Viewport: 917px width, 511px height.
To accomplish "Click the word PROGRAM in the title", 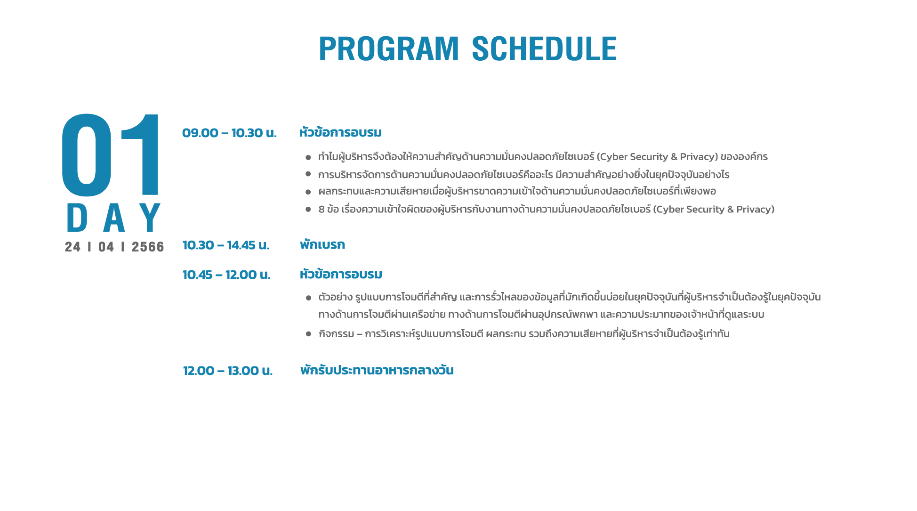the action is [x=389, y=49].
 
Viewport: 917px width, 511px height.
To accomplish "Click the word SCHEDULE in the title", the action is [x=544, y=49].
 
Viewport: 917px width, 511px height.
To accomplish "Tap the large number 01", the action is [x=111, y=155].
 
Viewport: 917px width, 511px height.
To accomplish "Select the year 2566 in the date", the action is [x=148, y=247].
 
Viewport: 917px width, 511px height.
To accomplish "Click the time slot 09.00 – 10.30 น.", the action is [x=229, y=133].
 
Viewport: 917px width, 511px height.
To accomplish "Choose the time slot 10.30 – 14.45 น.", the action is [x=226, y=245].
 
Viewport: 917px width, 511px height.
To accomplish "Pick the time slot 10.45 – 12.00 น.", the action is [x=226, y=275].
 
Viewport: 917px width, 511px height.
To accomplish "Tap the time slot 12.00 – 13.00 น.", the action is [x=228, y=371].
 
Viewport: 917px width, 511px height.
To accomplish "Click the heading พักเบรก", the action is [x=322, y=244].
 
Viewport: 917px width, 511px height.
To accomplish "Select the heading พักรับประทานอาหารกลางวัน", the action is [x=377, y=370].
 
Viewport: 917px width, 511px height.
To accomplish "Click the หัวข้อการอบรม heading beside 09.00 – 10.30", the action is [x=340, y=132].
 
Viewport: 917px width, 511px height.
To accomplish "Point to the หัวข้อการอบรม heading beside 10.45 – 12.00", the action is [x=341, y=274].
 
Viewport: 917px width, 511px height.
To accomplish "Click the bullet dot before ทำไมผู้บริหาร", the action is [x=308, y=157].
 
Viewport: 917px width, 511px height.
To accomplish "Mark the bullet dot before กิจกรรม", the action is [x=308, y=334].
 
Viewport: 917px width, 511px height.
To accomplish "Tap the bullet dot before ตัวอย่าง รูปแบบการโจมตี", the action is [x=308, y=298].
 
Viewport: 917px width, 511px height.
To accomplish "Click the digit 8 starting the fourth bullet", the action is [x=322, y=209].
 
